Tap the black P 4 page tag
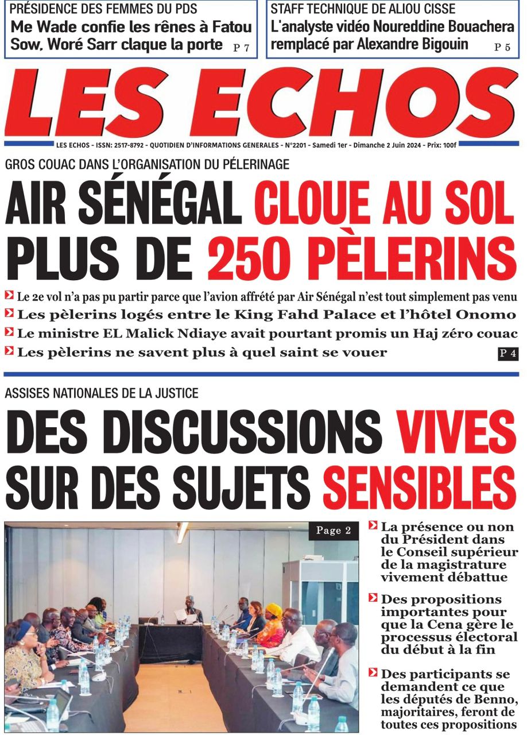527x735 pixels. (507, 354)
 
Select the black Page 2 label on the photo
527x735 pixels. (333, 531)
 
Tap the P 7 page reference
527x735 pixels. (241, 49)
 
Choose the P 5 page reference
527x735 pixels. (502, 48)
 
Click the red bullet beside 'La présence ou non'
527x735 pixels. (373, 525)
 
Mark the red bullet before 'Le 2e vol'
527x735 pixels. (9, 296)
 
